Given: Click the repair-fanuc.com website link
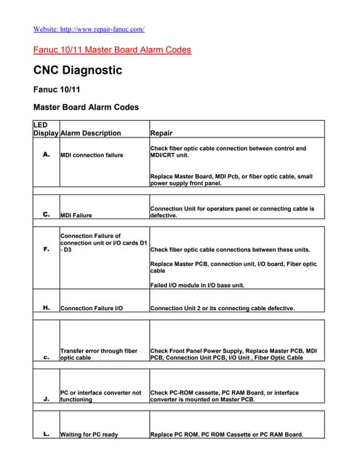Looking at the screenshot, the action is pos(89,29).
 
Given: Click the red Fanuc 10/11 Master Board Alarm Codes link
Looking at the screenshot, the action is pos(112,50).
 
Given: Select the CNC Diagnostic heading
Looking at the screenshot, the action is pos(78,71).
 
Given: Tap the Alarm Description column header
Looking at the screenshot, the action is pos(91,133).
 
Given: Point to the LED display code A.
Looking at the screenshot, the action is pos(46,154).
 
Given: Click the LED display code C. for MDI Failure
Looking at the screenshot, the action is pos(46,215).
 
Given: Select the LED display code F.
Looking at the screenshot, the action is pos(46,250).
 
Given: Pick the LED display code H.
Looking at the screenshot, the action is pos(46,308).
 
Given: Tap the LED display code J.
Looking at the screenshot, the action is pos(46,398).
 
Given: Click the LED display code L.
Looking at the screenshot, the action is pos(46,435).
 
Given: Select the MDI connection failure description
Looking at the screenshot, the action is pos(92,155).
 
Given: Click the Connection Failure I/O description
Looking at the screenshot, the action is pos(91,309).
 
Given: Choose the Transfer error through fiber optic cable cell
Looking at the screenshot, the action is pos(99,355).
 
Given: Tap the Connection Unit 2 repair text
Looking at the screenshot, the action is pos(222,309).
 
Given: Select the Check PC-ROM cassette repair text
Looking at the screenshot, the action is pos(224,396).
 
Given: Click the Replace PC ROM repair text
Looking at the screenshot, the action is pos(226,435).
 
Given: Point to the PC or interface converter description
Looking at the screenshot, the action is pos(100,396).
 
